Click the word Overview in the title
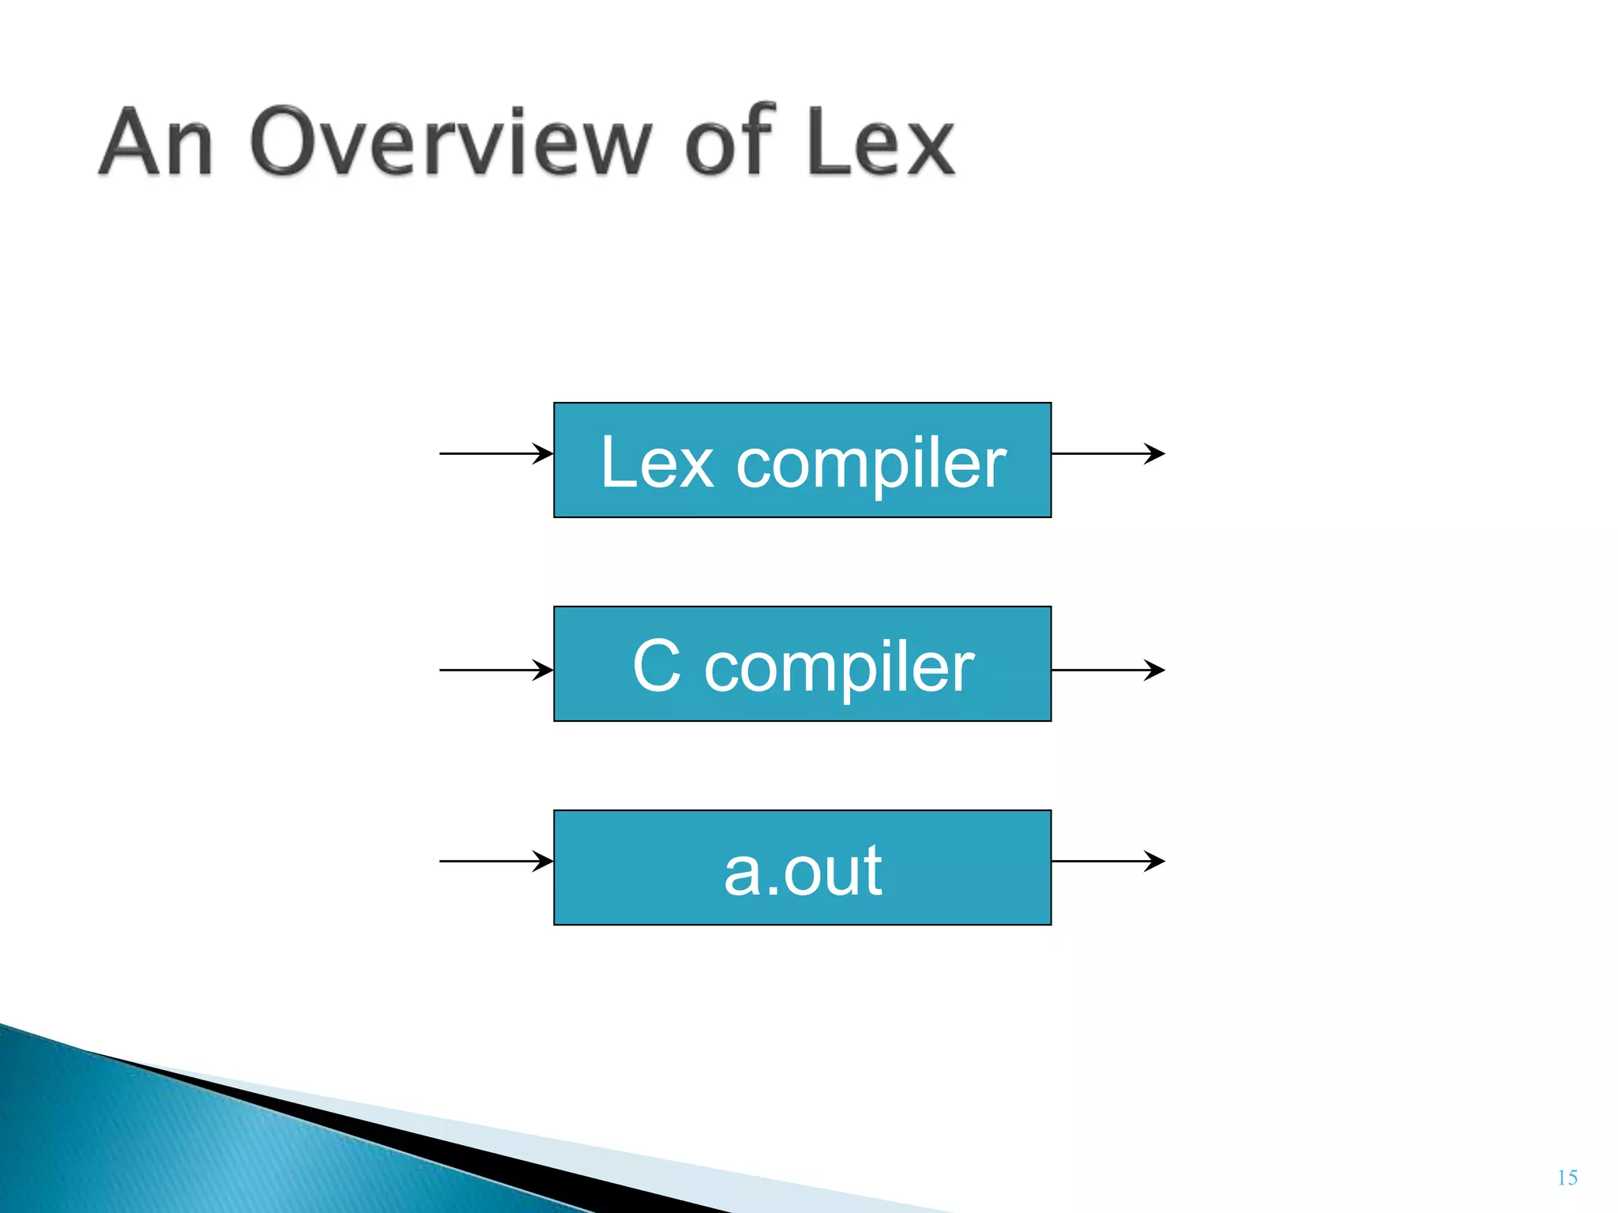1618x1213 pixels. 450,142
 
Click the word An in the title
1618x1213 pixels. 156,142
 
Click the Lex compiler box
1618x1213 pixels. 802,460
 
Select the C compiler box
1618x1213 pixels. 802,663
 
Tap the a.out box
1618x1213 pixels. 802,867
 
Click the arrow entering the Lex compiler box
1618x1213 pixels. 495,453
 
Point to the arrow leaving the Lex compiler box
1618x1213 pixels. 1108,453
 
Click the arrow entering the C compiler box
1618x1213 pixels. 495,670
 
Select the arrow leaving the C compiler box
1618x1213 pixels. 1108,670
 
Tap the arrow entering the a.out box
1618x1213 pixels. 495,861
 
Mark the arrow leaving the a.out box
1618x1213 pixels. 1108,861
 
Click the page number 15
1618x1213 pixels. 1567,1177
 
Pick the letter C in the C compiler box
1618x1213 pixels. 657,666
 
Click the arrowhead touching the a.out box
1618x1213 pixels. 544,861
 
